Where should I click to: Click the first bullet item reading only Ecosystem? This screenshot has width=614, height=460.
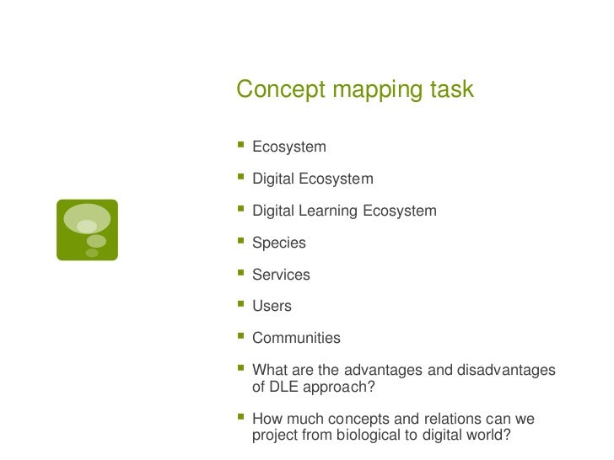pos(288,147)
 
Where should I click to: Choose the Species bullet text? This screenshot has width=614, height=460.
pos(279,243)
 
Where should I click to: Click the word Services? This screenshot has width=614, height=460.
pos(281,275)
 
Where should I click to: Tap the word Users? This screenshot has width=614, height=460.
pos(272,307)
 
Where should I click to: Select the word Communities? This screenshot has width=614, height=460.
pos(296,338)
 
